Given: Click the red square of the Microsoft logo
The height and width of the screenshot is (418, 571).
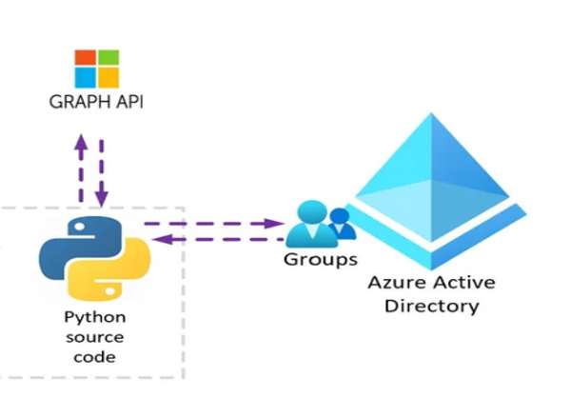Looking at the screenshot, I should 86,58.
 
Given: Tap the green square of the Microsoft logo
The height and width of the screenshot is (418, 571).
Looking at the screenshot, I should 108,58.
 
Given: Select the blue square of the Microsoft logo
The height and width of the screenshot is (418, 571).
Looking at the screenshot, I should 86,78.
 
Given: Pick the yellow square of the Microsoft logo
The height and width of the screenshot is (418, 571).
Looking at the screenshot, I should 108,78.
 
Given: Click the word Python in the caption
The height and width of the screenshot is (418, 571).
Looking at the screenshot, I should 94,317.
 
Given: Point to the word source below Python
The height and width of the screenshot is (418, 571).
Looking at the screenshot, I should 94,337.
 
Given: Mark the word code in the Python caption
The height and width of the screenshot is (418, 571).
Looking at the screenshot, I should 94,357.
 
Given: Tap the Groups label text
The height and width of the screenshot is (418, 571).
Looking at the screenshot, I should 321,258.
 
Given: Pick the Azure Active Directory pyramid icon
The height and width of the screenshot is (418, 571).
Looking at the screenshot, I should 436,186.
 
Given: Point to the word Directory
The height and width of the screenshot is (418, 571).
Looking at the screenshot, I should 437,307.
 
